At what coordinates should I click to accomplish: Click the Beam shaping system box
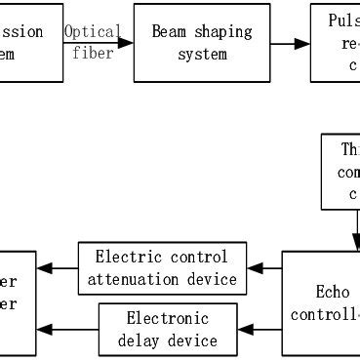pyautogui.click(x=201, y=43)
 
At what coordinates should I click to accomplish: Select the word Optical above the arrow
pyautogui.click(x=94, y=32)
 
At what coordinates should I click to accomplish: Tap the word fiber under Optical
pyautogui.click(x=94, y=54)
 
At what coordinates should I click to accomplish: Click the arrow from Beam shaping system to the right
pyautogui.click(x=290, y=43)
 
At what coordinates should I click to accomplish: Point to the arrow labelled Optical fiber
pyautogui.click(x=95, y=43)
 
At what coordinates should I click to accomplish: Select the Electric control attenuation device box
pyautogui.click(x=161, y=268)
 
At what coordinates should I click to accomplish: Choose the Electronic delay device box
pyautogui.click(x=169, y=330)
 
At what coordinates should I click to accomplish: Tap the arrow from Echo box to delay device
pyautogui.click(x=260, y=330)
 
